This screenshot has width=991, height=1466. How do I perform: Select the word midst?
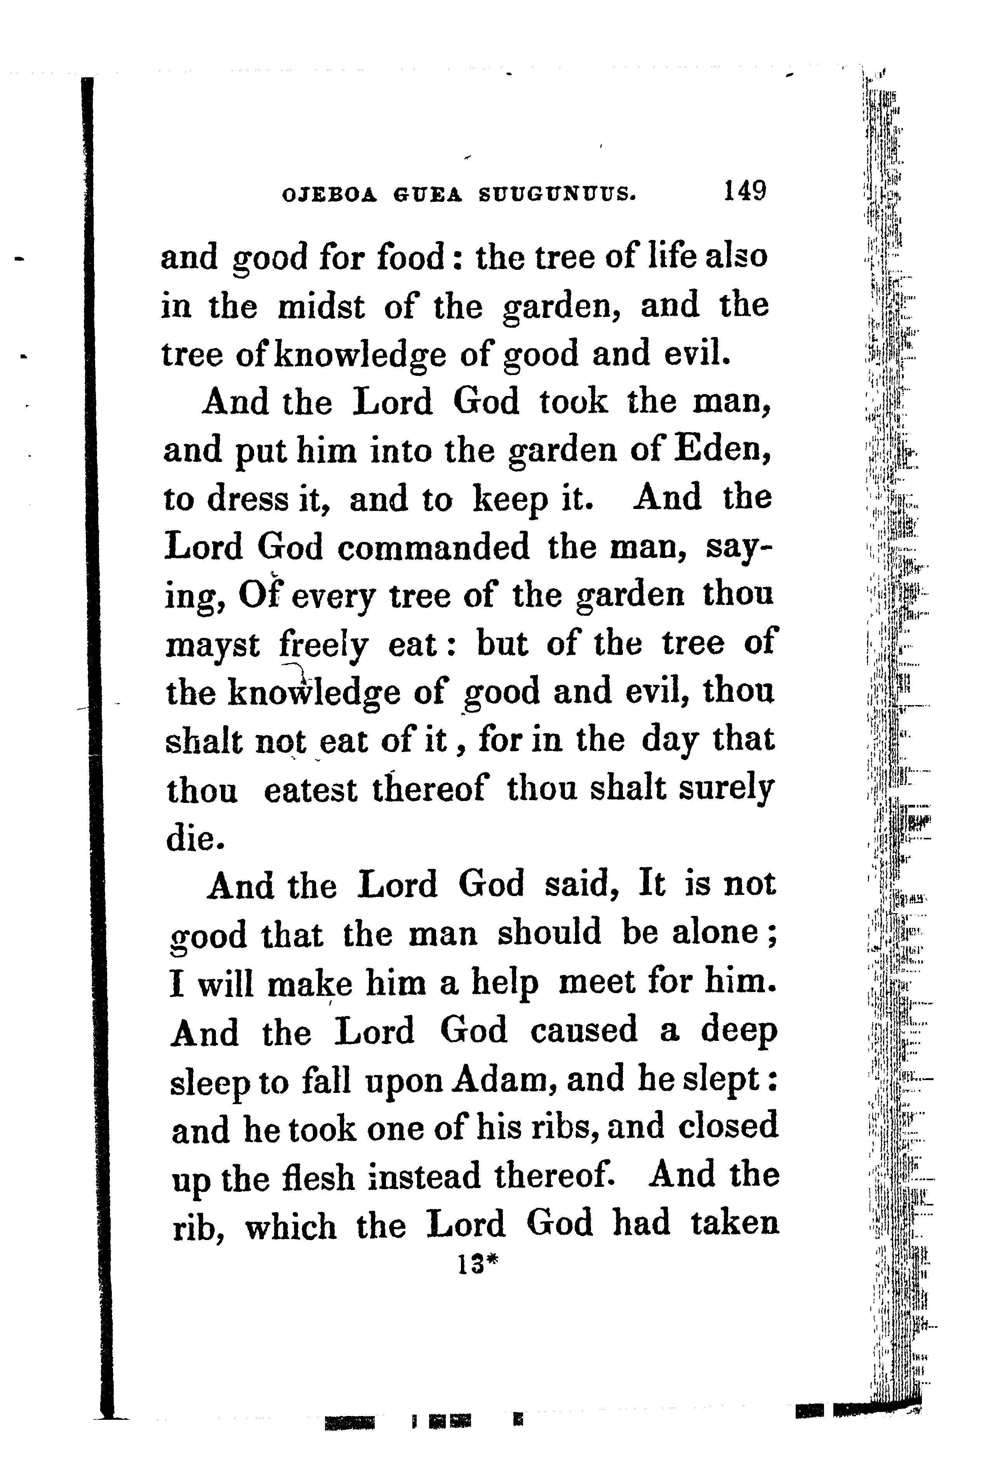pos(321,307)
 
